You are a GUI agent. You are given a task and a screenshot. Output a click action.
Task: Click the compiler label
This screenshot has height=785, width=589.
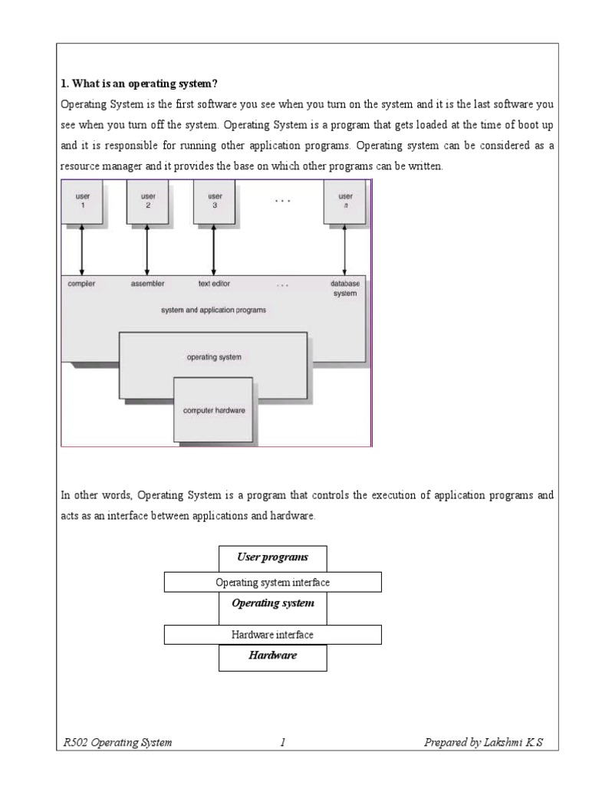[x=82, y=283]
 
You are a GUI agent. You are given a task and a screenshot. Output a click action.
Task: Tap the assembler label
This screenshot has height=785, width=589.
[x=147, y=283]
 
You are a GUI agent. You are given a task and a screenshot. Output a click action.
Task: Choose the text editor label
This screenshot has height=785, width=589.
[x=216, y=283]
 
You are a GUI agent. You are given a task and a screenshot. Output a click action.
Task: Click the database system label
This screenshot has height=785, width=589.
[x=345, y=288]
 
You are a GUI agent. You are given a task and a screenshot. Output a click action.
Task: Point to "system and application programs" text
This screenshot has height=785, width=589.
[x=214, y=310]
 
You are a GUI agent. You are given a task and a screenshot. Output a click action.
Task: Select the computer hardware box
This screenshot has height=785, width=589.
[x=214, y=410]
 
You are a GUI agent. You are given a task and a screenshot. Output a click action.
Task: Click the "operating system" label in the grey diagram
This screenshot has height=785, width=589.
[x=213, y=357]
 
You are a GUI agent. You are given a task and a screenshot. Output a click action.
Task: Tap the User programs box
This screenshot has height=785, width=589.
[x=272, y=558]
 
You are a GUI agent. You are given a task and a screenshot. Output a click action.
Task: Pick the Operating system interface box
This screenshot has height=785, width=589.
[x=272, y=583]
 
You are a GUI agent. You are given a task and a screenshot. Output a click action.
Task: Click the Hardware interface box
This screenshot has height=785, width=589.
[x=272, y=635]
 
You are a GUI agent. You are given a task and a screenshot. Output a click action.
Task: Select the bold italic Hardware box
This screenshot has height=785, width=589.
[x=272, y=657]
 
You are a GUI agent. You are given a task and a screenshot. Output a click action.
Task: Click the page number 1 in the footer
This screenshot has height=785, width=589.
[x=282, y=742]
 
